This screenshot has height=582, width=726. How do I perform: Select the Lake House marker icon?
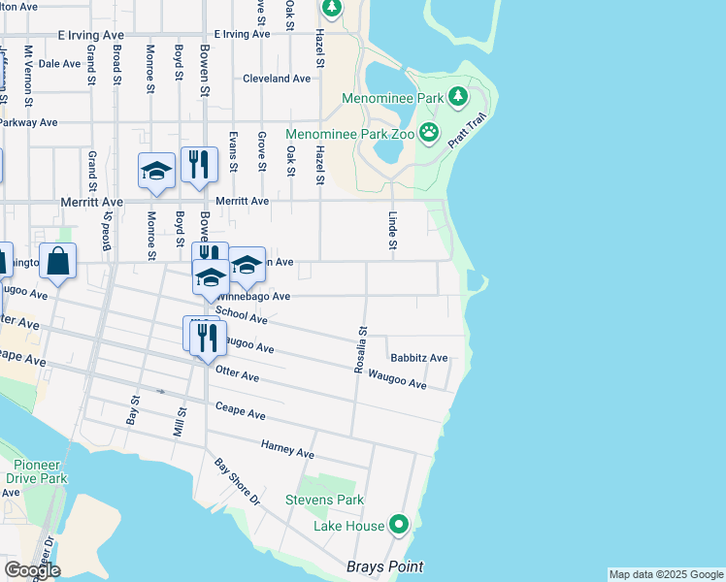[x=399, y=527]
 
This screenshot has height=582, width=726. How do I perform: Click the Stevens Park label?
[x=324, y=501]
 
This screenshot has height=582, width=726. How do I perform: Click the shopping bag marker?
[x=58, y=262]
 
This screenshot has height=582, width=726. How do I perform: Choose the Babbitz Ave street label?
[x=418, y=358]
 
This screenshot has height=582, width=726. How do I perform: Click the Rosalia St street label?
[x=359, y=348]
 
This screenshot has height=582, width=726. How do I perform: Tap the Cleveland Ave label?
[x=277, y=79]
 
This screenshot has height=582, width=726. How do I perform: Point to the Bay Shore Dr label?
[x=239, y=483]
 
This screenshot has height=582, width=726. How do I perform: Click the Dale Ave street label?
[x=59, y=63]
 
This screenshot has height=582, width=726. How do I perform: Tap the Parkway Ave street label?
[x=28, y=123]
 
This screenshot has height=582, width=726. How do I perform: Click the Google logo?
[x=32, y=570]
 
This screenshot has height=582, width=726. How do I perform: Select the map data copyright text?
[x=665, y=574]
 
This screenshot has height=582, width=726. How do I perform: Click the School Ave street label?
[x=242, y=315]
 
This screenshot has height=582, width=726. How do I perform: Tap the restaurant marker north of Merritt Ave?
[x=199, y=165]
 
